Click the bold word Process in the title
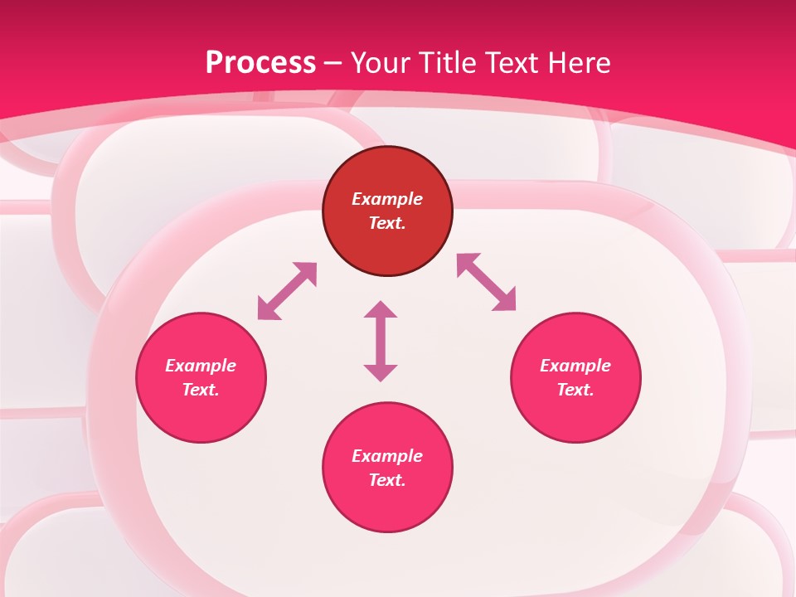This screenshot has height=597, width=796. pyautogui.click(x=260, y=63)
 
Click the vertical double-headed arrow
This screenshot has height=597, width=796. pyautogui.click(x=381, y=341)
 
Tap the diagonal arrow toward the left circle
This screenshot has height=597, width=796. pyautogui.click(x=287, y=291)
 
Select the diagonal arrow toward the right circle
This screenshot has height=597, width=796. pyautogui.click(x=487, y=282)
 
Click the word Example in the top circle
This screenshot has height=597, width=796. pyautogui.click(x=387, y=199)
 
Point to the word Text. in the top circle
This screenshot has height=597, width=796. pyautogui.click(x=387, y=223)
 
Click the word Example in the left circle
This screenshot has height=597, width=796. pyautogui.click(x=201, y=366)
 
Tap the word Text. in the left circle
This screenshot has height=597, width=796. pyautogui.click(x=201, y=390)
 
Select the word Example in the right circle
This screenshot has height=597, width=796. pyautogui.click(x=575, y=366)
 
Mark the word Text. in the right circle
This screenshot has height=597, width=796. pyautogui.click(x=575, y=390)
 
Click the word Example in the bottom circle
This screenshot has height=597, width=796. pyautogui.click(x=387, y=456)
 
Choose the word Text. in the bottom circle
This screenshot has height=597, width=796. pyautogui.click(x=387, y=480)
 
